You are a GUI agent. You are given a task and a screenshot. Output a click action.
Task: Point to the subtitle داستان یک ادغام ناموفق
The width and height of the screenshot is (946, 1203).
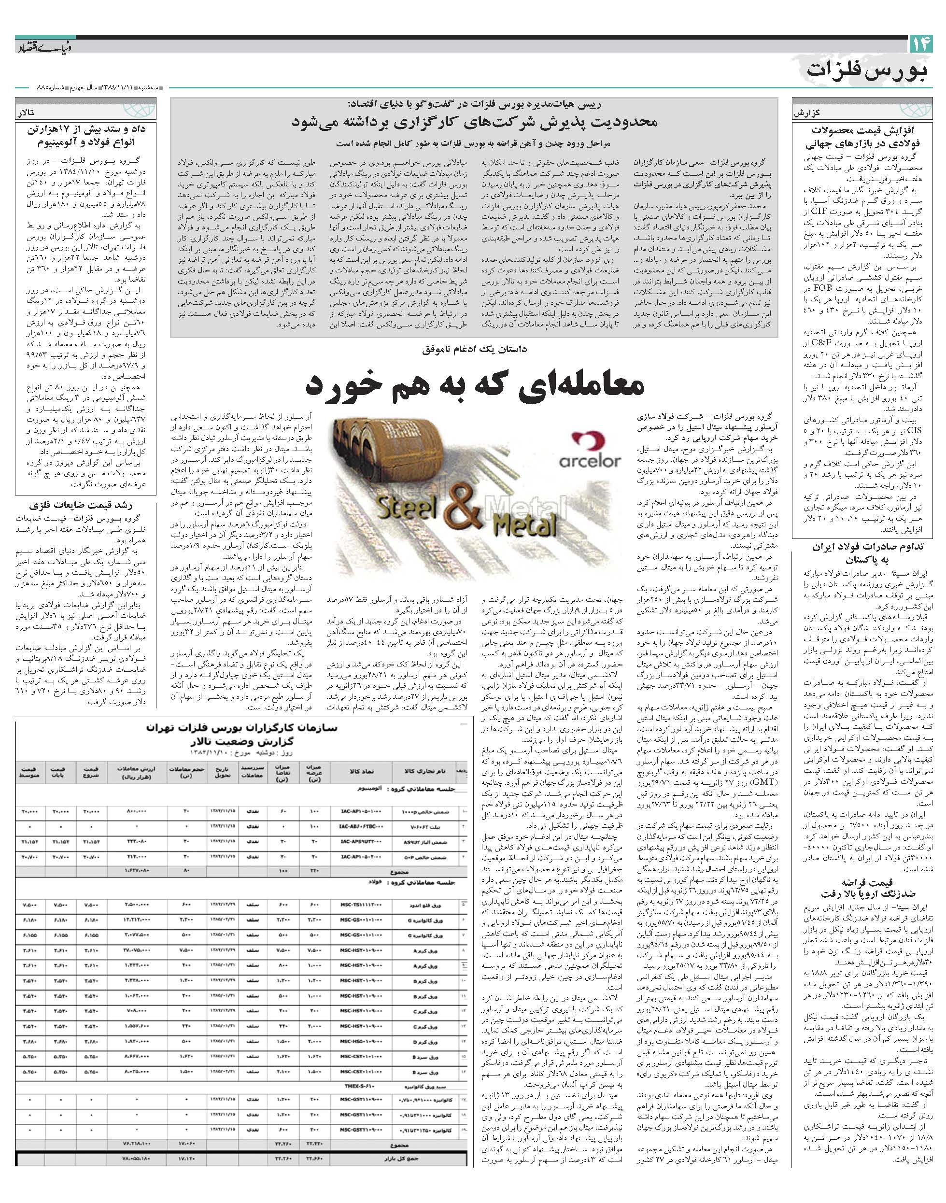pyautogui.click(x=474, y=350)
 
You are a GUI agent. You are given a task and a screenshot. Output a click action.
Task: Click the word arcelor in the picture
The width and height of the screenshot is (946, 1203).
pyautogui.click(x=589, y=461)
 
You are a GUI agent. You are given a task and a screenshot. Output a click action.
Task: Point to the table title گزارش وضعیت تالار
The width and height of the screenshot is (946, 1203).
pyautogui.click(x=240, y=741)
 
